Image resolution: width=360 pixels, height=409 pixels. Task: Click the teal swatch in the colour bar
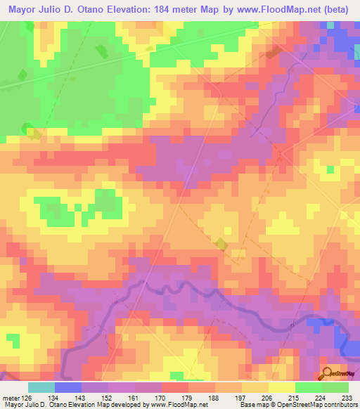[x=41, y=388]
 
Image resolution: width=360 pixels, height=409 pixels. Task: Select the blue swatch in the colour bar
[x=67, y=388]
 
